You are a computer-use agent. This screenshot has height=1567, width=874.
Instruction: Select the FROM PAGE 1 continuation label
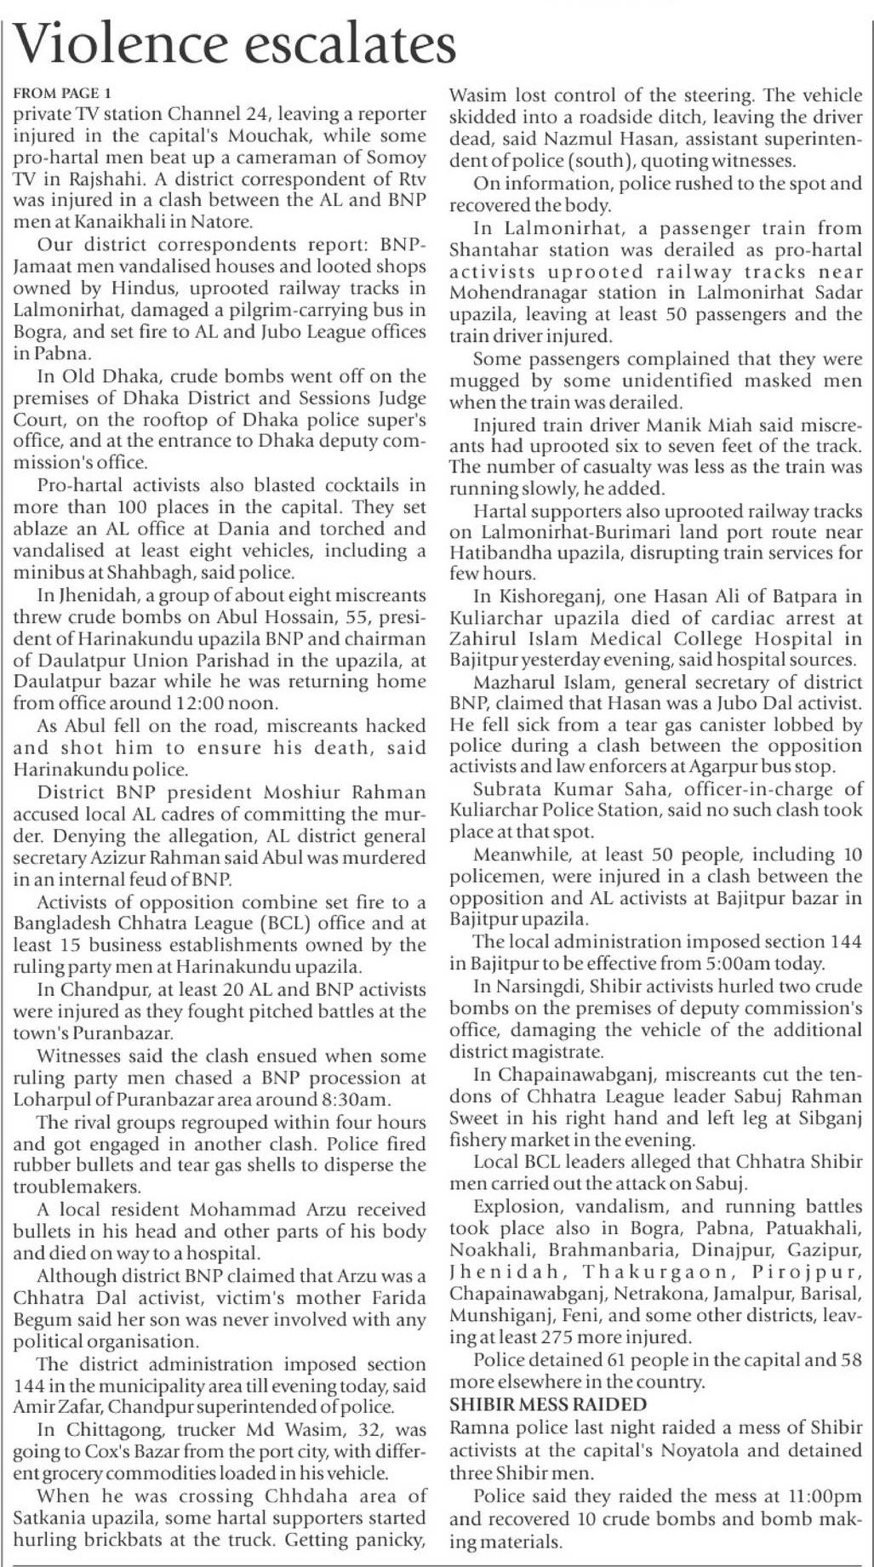[62, 93]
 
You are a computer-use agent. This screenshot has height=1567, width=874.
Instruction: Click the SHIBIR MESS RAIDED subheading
[548, 1404]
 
